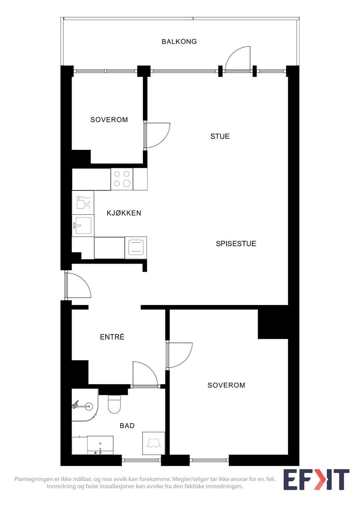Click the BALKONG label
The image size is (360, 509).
pyautogui.click(x=179, y=42)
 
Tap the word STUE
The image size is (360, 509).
pyautogui.click(x=220, y=136)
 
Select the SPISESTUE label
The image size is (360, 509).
pyautogui.click(x=236, y=244)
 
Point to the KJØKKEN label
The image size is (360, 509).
pyautogui.click(x=124, y=213)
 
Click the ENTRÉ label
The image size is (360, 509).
pyautogui.click(x=112, y=337)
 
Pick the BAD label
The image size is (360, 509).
pyautogui.click(x=127, y=426)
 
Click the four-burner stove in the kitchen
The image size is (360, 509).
pyautogui.click(x=122, y=179)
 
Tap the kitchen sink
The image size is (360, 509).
pyautogui.click(x=83, y=226)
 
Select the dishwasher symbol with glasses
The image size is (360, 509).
pyautogui.click(x=83, y=202)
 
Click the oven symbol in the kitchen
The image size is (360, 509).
pyautogui.click(x=136, y=248)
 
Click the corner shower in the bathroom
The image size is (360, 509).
pyautogui.click(x=85, y=405)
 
